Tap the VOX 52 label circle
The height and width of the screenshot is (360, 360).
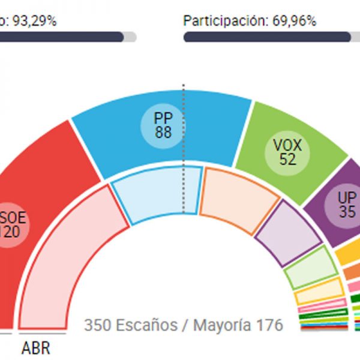tap(287, 151)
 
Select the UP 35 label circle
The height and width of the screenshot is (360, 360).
tap(346, 204)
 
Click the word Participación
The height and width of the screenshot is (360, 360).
tap(222, 21)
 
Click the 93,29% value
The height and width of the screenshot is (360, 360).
tap(33, 21)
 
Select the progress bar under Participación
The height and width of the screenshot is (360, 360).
tap(267, 37)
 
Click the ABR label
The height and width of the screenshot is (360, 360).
tap(36, 349)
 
